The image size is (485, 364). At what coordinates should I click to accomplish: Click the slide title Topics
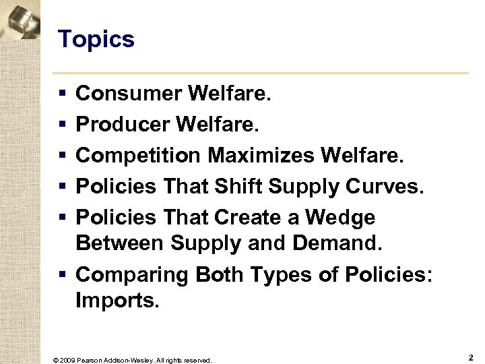click(x=96, y=40)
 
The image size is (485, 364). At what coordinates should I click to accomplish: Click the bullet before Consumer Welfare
click(x=63, y=94)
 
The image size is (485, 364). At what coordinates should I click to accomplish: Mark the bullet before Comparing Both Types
click(x=63, y=275)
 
